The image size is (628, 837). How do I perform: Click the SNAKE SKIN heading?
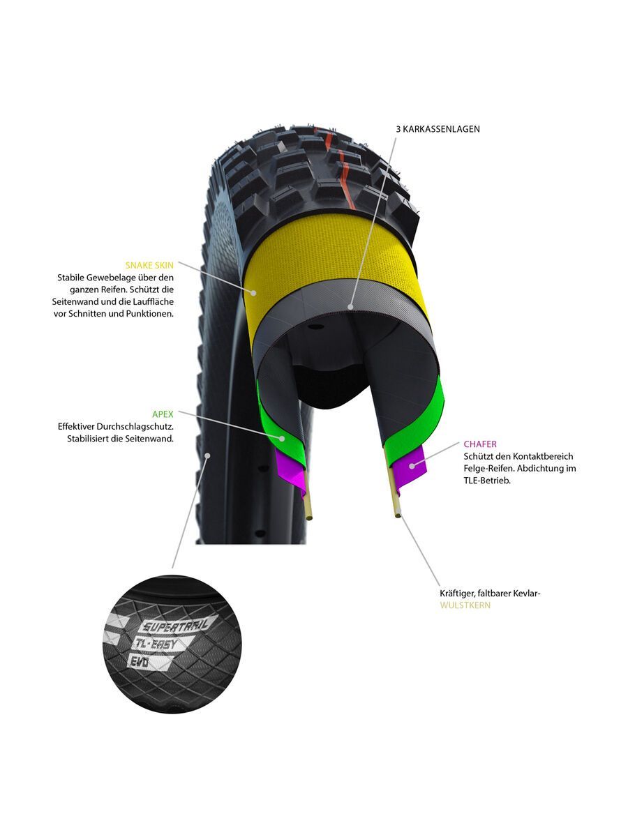point(149,265)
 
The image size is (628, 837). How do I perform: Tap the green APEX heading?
point(163,414)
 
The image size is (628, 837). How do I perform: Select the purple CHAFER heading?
point(480,444)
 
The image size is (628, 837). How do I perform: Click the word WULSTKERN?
point(465,605)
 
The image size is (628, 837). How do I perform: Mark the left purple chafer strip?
point(289,466)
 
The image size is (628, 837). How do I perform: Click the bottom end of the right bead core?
point(398,515)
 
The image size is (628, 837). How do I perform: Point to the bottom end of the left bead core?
point(308,517)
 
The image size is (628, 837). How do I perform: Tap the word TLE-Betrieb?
point(487,481)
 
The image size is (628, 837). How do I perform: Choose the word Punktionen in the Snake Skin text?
point(151,314)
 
